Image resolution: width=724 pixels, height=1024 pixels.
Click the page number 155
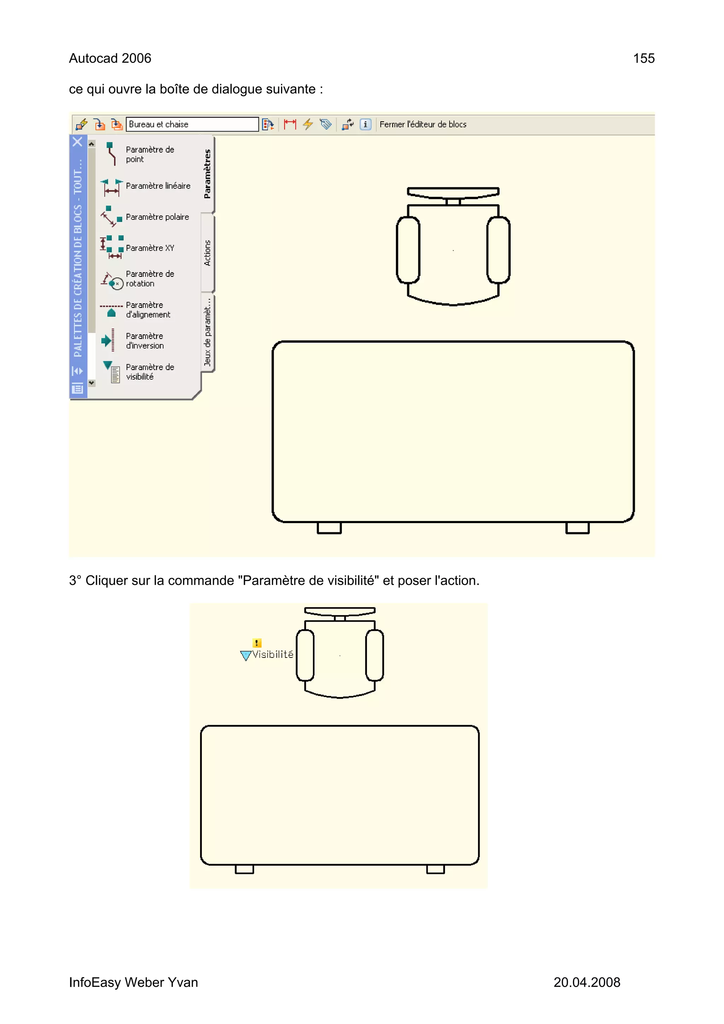(643, 58)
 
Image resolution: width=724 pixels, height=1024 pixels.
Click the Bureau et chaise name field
(192, 124)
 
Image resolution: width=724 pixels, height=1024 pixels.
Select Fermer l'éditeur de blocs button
(422, 124)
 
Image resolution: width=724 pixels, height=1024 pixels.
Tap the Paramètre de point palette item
(150, 154)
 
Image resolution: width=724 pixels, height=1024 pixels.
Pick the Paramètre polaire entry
(157, 217)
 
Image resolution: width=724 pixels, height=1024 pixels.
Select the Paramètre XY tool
(150, 248)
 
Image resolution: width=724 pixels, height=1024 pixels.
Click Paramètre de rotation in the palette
(150, 279)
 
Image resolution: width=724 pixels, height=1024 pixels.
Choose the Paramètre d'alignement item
(148, 310)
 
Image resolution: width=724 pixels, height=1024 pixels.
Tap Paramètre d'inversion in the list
(145, 341)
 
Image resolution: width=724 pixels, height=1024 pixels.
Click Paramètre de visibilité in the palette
(150, 372)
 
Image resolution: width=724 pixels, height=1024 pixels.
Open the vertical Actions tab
(208, 253)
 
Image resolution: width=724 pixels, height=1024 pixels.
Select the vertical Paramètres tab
(208, 174)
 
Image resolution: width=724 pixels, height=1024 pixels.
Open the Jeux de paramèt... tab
(208, 332)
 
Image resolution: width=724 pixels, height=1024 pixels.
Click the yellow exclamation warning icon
(257, 643)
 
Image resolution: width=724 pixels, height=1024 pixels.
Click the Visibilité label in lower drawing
(273, 654)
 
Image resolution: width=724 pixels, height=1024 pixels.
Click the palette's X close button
(78, 142)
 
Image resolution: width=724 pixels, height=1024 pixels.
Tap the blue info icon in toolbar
(365, 124)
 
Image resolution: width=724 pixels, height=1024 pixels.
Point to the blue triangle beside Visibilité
(245, 655)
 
